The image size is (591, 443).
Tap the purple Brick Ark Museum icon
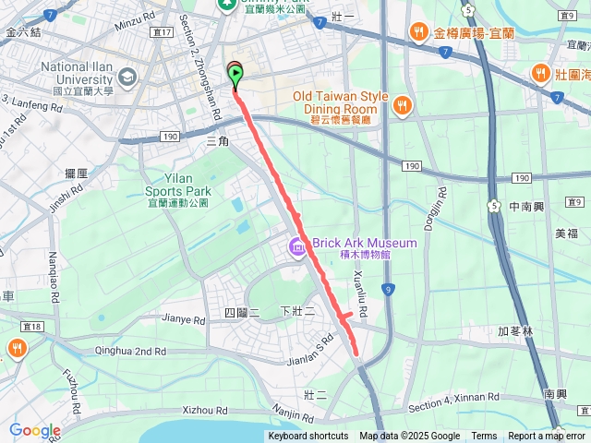[x=297, y=246]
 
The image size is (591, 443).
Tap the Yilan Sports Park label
[x=178, y=185]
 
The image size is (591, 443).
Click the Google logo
[x=34, y=431]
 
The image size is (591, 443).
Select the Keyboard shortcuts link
[x=308, y=437]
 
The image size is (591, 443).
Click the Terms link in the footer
[x=484, y=437]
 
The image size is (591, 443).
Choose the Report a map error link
[x=547, y=437]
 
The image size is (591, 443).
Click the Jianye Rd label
[x=183, y=319]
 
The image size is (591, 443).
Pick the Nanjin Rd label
[x=294, y=412]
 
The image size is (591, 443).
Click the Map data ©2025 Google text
[x=409, y=437]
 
